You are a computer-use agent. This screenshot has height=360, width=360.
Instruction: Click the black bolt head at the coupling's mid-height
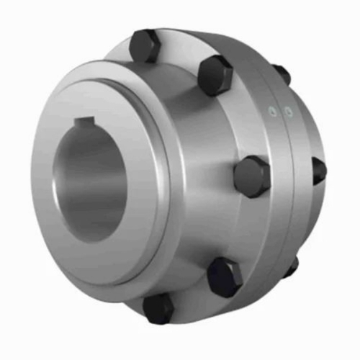pos(251,175)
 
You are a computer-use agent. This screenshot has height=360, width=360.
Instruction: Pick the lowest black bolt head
pos(158,308)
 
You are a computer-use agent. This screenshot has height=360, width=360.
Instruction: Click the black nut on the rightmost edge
pos(318,170)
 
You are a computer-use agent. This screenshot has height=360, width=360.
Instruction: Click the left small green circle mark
pos(272,111)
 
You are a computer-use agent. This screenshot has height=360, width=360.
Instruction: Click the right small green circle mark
pos(288,112)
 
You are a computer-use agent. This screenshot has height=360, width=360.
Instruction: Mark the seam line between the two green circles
pos(280,112)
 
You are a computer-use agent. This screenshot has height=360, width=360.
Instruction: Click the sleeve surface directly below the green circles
pos(279,144)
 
